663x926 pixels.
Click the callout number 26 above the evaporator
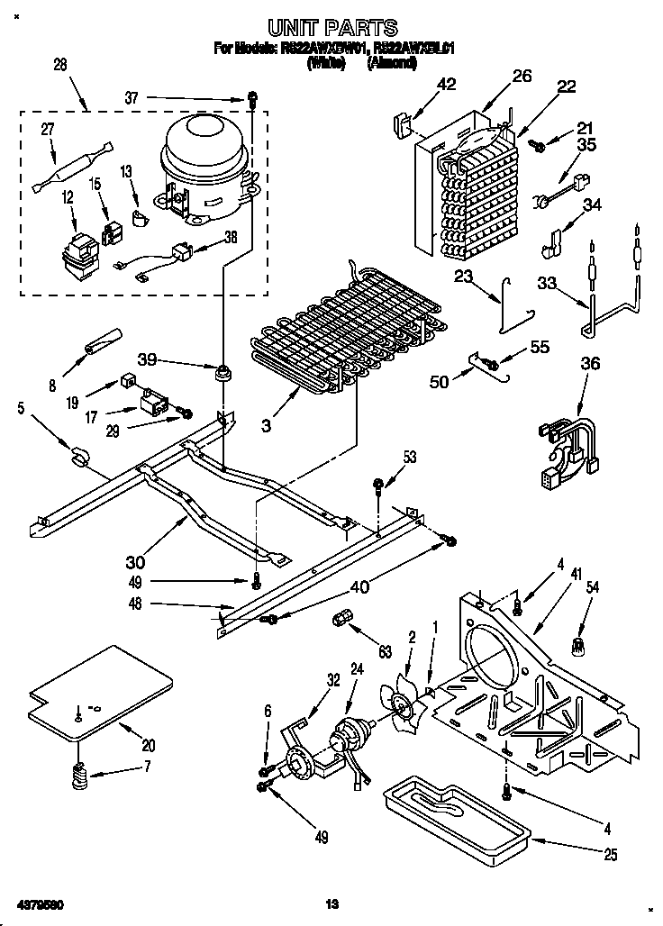point(522,77)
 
